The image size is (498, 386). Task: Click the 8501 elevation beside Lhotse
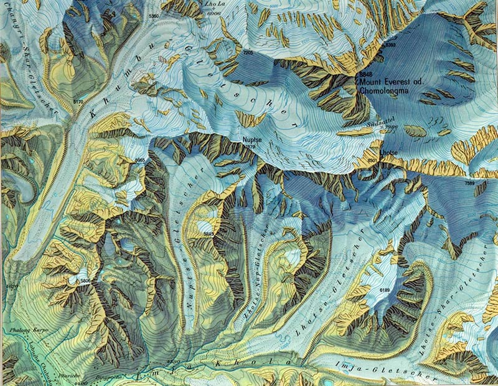pos(373,162)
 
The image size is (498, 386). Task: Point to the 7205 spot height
pos(248,54)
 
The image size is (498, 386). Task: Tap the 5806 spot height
pos(85,282)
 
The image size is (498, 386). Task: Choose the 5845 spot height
pos(209,234)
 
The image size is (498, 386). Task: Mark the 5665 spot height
pos(140,160)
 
